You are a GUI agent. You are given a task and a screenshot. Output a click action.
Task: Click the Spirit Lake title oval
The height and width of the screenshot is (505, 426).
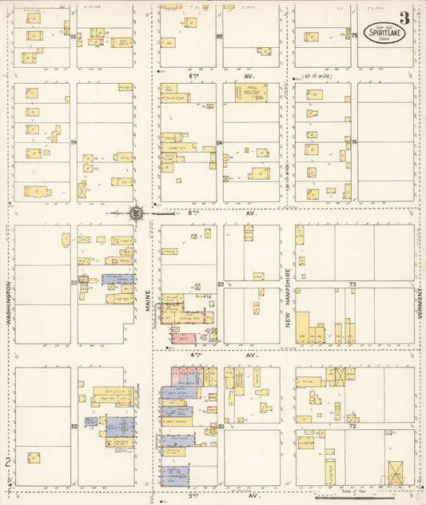383,33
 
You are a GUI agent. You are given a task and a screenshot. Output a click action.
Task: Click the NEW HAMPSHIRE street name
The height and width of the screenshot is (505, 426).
288,296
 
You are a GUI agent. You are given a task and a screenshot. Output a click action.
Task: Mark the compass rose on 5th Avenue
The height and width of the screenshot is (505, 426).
137,213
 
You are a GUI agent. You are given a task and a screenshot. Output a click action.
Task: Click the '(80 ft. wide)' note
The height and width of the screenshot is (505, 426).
317,78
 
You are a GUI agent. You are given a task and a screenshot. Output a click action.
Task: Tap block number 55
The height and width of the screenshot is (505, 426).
73,37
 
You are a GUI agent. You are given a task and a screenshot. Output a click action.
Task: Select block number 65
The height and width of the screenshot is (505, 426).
219,37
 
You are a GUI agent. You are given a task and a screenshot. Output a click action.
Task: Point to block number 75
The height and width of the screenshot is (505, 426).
352,36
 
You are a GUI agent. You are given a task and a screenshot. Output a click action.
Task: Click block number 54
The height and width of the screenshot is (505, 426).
73,142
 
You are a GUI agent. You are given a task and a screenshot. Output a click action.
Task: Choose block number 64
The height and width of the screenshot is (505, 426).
219,142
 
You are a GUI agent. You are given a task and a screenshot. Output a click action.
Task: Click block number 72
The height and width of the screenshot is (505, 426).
352,427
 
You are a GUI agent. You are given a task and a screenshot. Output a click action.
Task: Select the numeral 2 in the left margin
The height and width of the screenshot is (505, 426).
6,462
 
